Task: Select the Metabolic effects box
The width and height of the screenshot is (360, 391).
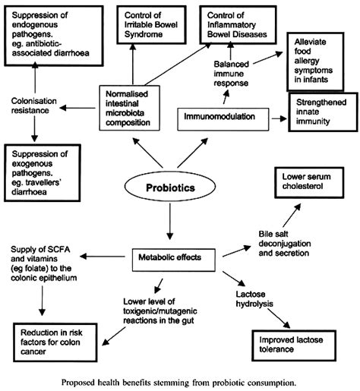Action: coord(171,257)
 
